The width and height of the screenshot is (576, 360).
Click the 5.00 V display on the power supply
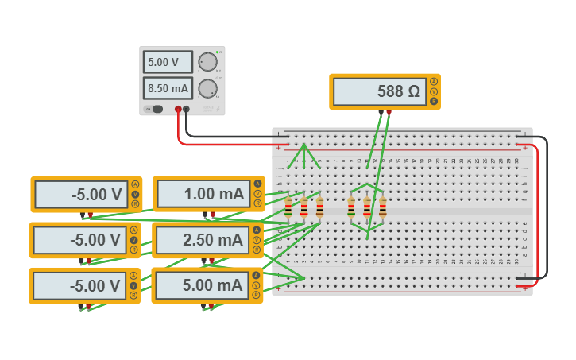[x=167, y=62]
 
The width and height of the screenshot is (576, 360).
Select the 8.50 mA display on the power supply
[x=167, y=88]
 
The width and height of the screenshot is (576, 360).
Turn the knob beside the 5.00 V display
[x=207, y=62]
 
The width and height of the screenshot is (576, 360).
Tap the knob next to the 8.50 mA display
[x=207, y=88]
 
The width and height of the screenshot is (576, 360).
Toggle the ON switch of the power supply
[x=156, y=109]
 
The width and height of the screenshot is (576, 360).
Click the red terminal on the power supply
[x=178, y=110]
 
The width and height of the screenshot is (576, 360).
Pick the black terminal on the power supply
[x=186, y=110]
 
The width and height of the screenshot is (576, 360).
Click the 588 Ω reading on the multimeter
[x=379, y=91]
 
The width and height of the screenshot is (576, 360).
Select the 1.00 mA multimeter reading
[x=203, y=194]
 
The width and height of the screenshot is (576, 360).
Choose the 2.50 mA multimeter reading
[x=203, y=240]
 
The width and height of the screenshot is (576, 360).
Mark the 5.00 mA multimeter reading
[x=203, y=285]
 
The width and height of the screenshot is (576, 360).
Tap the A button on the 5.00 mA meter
[x=256, y=275]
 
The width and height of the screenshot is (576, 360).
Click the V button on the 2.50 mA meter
[x=257, y=240]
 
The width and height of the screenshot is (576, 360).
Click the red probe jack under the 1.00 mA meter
[x=213, y=214]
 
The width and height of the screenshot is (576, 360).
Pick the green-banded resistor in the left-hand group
[x=288, y=208]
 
